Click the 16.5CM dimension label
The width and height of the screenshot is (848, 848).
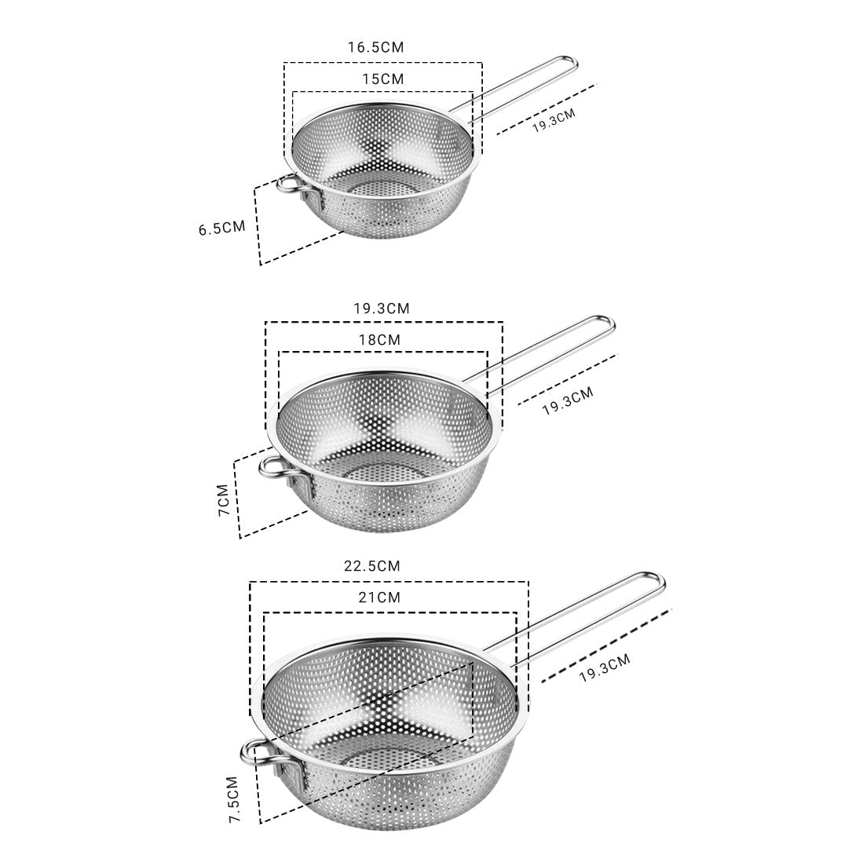point(375,47)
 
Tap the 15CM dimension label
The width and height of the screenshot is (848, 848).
point(383,79)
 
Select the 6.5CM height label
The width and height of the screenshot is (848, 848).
point(221,228)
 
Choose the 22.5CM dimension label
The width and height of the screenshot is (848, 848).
point(372,565)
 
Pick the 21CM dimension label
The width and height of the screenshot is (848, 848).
point(380,598)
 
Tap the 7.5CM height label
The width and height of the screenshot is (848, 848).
point(233,799)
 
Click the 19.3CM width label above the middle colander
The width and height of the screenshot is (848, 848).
point(382,309)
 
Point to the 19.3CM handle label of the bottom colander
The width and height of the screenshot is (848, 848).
point(605,669)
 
